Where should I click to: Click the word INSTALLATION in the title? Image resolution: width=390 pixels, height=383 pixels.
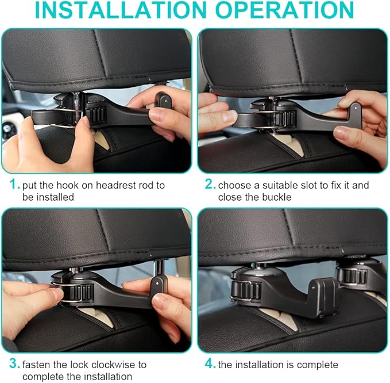(121, 10)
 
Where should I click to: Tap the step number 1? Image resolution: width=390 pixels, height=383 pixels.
(14, 185)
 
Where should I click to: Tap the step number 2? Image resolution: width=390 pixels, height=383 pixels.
(210, 185)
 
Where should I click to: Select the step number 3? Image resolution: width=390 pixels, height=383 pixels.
(14, 364)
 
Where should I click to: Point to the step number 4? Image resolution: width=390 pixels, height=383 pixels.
(210, 364)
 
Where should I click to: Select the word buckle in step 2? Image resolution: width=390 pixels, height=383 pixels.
(278, 197)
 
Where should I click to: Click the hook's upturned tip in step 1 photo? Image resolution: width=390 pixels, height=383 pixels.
(164, 100)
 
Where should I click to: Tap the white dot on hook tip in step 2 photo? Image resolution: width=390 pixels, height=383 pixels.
(356, 108)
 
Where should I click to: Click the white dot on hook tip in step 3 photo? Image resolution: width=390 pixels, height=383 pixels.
(158, 284)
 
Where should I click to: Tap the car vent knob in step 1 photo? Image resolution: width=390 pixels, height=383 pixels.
(8, 128)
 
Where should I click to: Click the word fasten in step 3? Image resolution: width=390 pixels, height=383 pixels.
(36, 365)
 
